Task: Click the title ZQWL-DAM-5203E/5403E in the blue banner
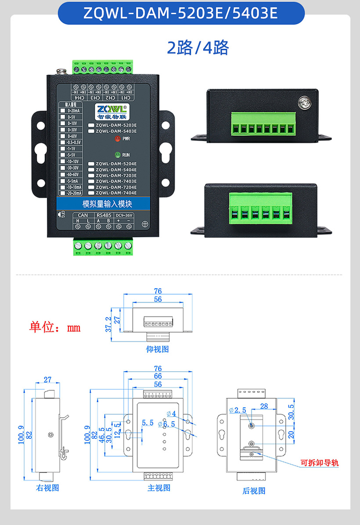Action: pos(180,13)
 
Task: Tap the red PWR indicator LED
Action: pos(117,139)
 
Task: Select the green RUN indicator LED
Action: pos(117,155)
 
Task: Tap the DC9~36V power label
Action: pos(123,215)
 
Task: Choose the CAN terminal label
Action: pos(83,215)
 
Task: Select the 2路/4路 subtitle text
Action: pos(198,48)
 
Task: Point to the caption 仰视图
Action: pos(157,349)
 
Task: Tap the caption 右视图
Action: pos(47,488)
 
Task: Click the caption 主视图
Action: pos(158,488)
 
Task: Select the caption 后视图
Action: pos(254,491)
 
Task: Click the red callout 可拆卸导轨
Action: pos(319,463)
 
